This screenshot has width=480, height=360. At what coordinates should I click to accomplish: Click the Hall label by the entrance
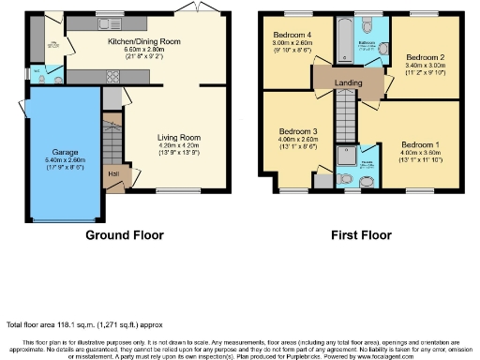click(112, 172)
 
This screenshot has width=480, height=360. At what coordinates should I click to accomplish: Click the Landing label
click(349, 83)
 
